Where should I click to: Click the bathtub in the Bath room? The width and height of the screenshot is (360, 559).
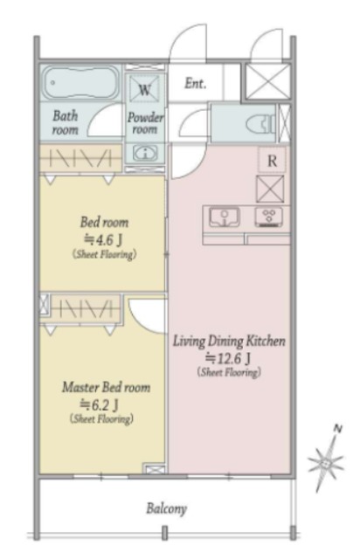coord(81,84)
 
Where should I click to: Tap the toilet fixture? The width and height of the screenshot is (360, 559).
coord(260,124)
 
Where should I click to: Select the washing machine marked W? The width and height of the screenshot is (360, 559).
coord(144,89)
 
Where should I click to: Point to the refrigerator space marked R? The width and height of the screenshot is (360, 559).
coord(272,161)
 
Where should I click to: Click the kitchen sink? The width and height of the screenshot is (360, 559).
coord(224,217)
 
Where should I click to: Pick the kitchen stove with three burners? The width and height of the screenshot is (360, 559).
coord(268,217)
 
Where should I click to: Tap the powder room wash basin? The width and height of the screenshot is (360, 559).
coord(145,154)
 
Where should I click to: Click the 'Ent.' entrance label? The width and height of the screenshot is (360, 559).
coord(195,84)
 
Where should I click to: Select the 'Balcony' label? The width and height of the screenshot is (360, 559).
coord(166,508)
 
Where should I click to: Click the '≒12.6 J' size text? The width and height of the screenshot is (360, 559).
coord(227,357)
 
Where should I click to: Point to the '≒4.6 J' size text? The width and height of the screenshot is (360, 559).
coord(103,239)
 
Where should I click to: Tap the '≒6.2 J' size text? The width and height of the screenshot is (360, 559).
coord(99,404)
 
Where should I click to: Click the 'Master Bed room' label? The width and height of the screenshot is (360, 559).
coord(106,387)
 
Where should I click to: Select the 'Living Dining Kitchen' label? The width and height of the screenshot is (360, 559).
coord(229,341)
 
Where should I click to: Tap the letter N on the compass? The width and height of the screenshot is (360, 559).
coord(337,429)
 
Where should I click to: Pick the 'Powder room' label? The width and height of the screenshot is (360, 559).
coord(145,123)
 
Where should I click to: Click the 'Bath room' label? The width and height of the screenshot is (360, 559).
coord(66,122)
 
